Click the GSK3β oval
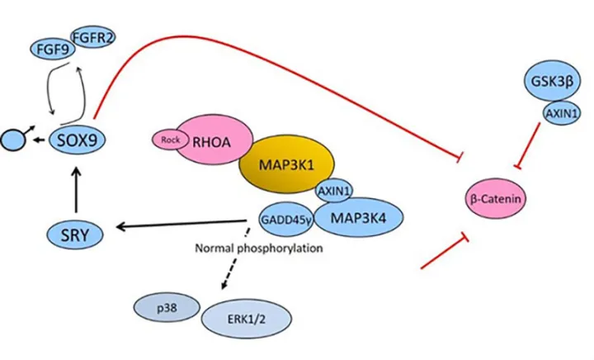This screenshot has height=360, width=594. pos(549,83)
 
